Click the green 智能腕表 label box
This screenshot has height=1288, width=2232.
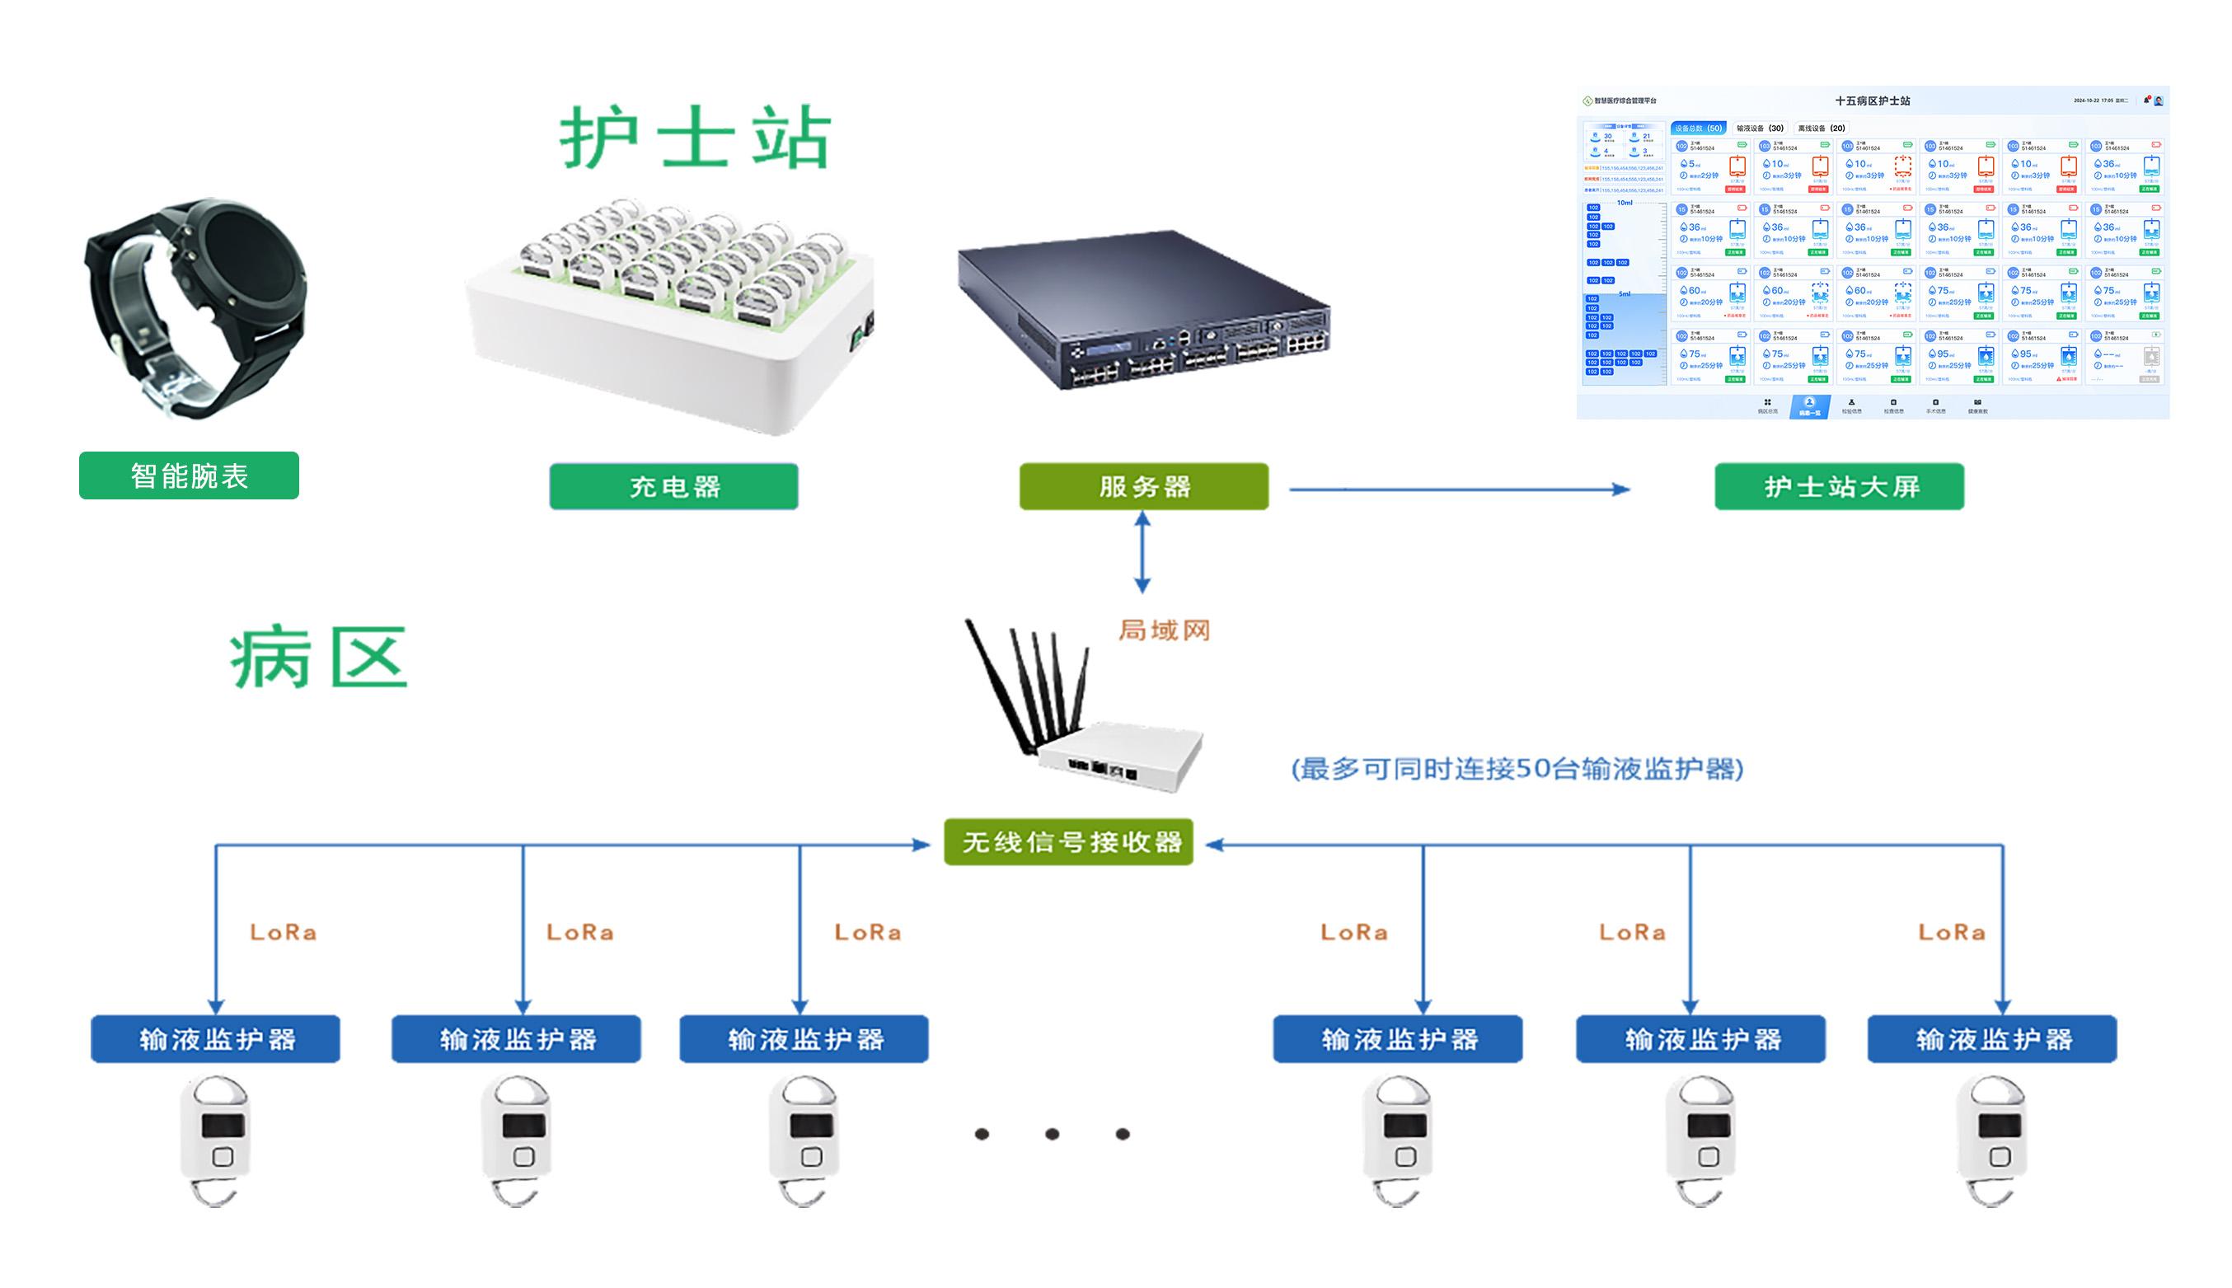[189, 476]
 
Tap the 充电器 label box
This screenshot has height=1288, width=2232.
[673, 486]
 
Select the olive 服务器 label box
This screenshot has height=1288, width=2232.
[1143, 486]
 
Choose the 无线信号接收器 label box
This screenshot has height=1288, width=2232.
[1069, 842]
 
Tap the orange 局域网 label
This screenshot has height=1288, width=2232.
[1163, 630]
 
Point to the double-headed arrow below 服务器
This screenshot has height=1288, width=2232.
[1142, 553]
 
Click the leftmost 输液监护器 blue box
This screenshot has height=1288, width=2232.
[215, 1039]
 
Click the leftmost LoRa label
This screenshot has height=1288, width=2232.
[283, 932]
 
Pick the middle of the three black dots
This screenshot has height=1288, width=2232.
[1052, 1134]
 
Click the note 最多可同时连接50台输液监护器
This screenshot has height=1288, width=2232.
[1517, 769]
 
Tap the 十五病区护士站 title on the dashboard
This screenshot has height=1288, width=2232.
[1872, 101]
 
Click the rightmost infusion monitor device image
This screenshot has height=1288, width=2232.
[1993, 1136]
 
